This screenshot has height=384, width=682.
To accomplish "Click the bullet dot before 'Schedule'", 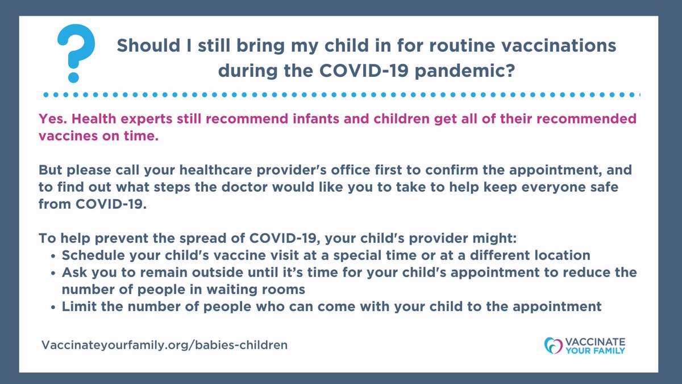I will click(53, 255).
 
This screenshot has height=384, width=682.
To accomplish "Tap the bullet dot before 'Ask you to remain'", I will click(53, 272).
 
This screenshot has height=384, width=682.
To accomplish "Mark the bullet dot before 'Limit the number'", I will click(53, 307).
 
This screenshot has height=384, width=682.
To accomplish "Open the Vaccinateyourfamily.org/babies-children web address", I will click(165, 345).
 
